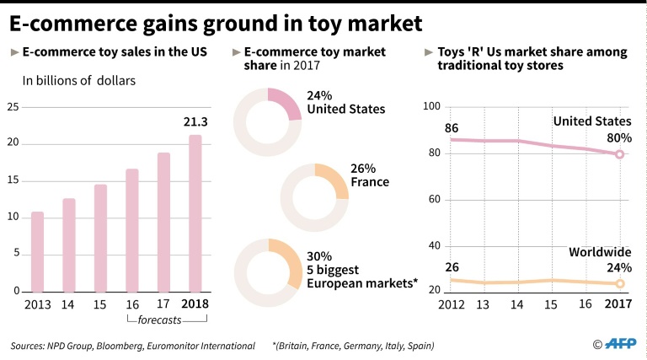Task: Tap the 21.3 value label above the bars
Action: tap(195, 122)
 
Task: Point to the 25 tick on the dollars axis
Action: tap(12, 106)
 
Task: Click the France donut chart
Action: tap(313, 199)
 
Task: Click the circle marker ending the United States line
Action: tap(619, 154)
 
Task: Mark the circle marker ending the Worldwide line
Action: tap(619, 284)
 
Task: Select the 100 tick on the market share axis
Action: tap(431, 106)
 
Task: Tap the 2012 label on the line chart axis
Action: tap(452, 304)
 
